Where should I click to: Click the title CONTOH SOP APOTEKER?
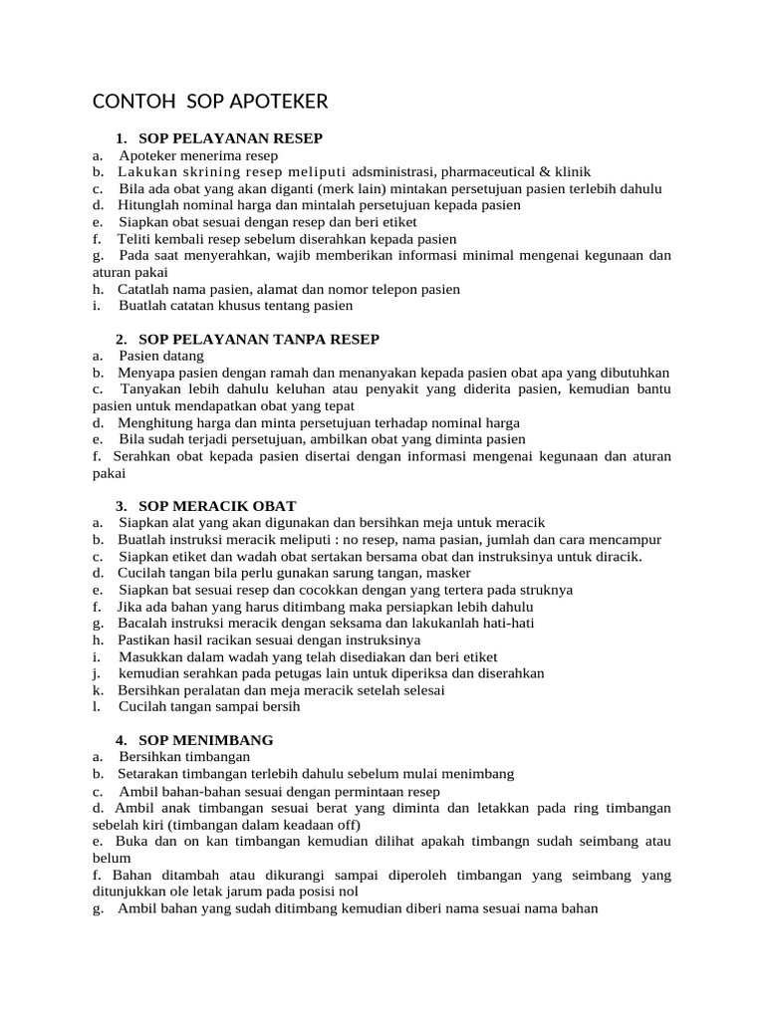[210, 103]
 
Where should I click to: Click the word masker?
[449, 573]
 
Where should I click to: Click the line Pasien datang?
[160, 356]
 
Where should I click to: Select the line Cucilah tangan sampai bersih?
[208, 706]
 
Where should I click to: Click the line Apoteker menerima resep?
[198, 155]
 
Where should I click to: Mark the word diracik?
[620, 556]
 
